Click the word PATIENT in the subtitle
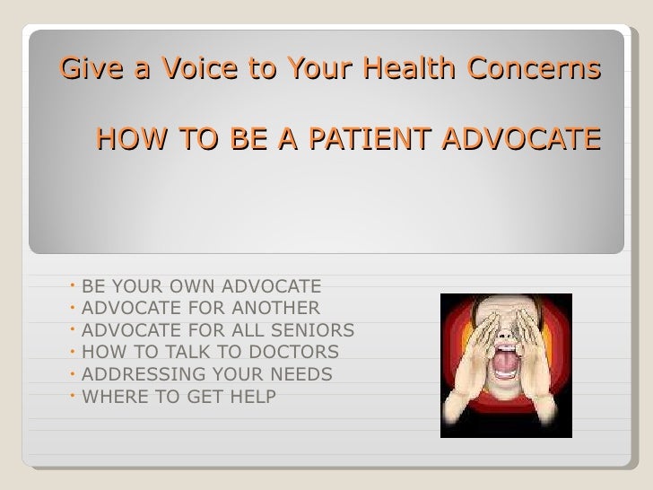(380, 140)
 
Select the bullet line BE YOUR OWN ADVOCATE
(201, 287)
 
